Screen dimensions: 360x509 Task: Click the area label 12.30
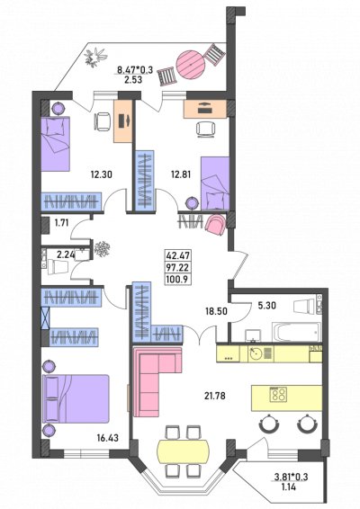[102, 174]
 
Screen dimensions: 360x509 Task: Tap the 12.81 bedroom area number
[181, 174]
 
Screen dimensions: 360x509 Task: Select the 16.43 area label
[107, 438]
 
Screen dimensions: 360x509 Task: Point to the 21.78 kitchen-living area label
[215, 396]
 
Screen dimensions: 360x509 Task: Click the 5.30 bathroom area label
[266, 306]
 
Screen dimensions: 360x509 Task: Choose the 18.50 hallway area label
[216, 311]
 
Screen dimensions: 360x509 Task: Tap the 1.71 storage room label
[62, 223]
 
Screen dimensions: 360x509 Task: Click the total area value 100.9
[177, 279]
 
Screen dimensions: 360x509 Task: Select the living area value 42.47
[177, 255]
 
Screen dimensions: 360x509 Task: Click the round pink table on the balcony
[191, 64]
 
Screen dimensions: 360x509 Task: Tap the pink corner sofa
[157, 381]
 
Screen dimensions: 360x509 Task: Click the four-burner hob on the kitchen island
[278, 395]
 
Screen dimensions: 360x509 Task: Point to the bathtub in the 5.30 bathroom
[297, 332]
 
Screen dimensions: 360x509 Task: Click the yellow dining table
[183, 451]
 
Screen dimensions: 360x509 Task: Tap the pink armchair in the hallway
[215, 226]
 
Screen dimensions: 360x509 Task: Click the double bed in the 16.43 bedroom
[76, 399]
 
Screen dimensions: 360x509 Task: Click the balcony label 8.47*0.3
[135, 69]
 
